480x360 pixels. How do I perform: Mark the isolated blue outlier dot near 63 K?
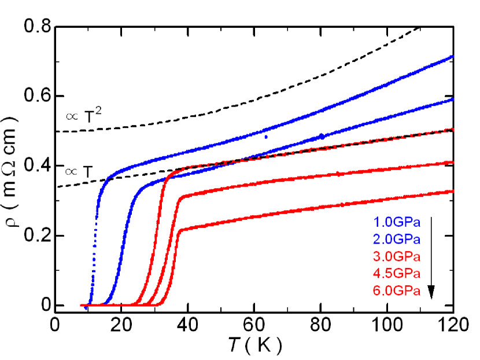pyautogui.click(x=266, y=137)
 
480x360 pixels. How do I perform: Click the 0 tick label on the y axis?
pyautogui.click(x=41, y=305)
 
